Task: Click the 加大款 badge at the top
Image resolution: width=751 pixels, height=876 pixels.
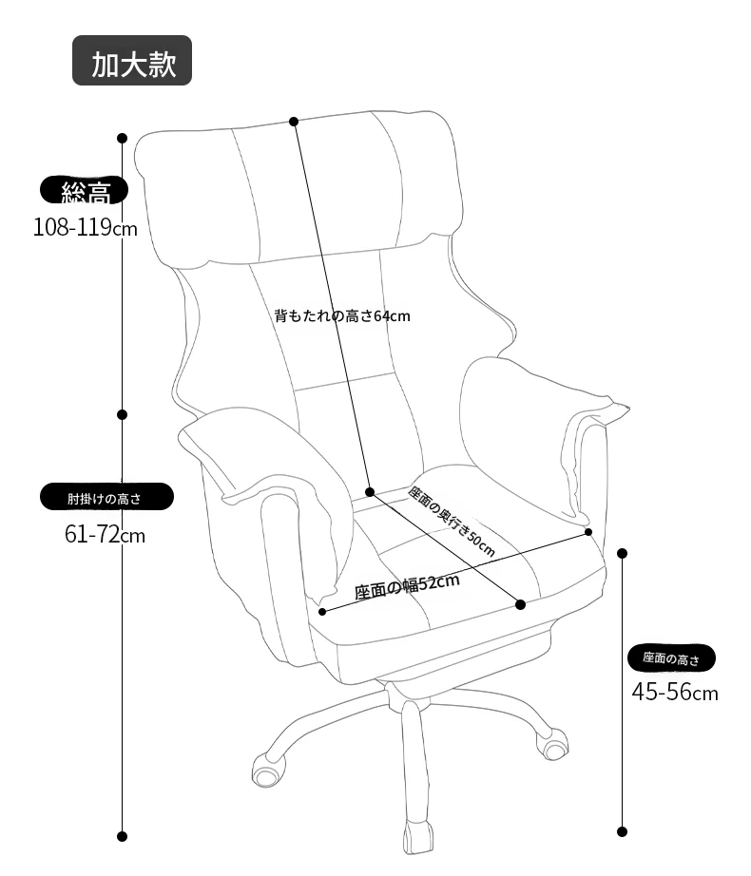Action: [132, 61]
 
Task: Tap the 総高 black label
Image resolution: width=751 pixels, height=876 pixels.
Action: [84, 191]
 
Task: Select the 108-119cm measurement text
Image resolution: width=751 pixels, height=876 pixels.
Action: [85, 227]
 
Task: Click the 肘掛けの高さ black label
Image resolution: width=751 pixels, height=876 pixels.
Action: [106, 497]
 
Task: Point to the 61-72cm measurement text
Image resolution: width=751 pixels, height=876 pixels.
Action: [106, 535]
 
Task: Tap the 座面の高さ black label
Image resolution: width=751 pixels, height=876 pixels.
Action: [671, 657]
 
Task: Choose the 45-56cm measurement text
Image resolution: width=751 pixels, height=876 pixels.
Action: [675, 692]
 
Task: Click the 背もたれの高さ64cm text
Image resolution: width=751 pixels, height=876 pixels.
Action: [342, 316]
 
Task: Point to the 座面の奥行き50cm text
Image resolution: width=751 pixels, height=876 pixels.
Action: [452, 522]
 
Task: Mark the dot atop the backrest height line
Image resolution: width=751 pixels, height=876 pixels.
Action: [294, 122]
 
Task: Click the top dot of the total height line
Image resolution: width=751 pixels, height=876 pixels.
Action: [122, 138]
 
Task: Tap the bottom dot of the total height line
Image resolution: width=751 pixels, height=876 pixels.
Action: [122, 836]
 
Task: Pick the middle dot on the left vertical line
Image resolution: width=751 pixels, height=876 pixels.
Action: [122, 414]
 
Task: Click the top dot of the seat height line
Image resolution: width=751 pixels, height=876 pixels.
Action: [622, 553]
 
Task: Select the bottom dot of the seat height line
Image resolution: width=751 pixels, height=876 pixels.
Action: [622, 832]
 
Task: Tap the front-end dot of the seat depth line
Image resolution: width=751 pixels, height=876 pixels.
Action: [520, 604]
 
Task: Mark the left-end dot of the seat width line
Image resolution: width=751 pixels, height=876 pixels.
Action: [322, 612]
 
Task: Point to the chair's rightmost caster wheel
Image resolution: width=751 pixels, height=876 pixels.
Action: [552, 744]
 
